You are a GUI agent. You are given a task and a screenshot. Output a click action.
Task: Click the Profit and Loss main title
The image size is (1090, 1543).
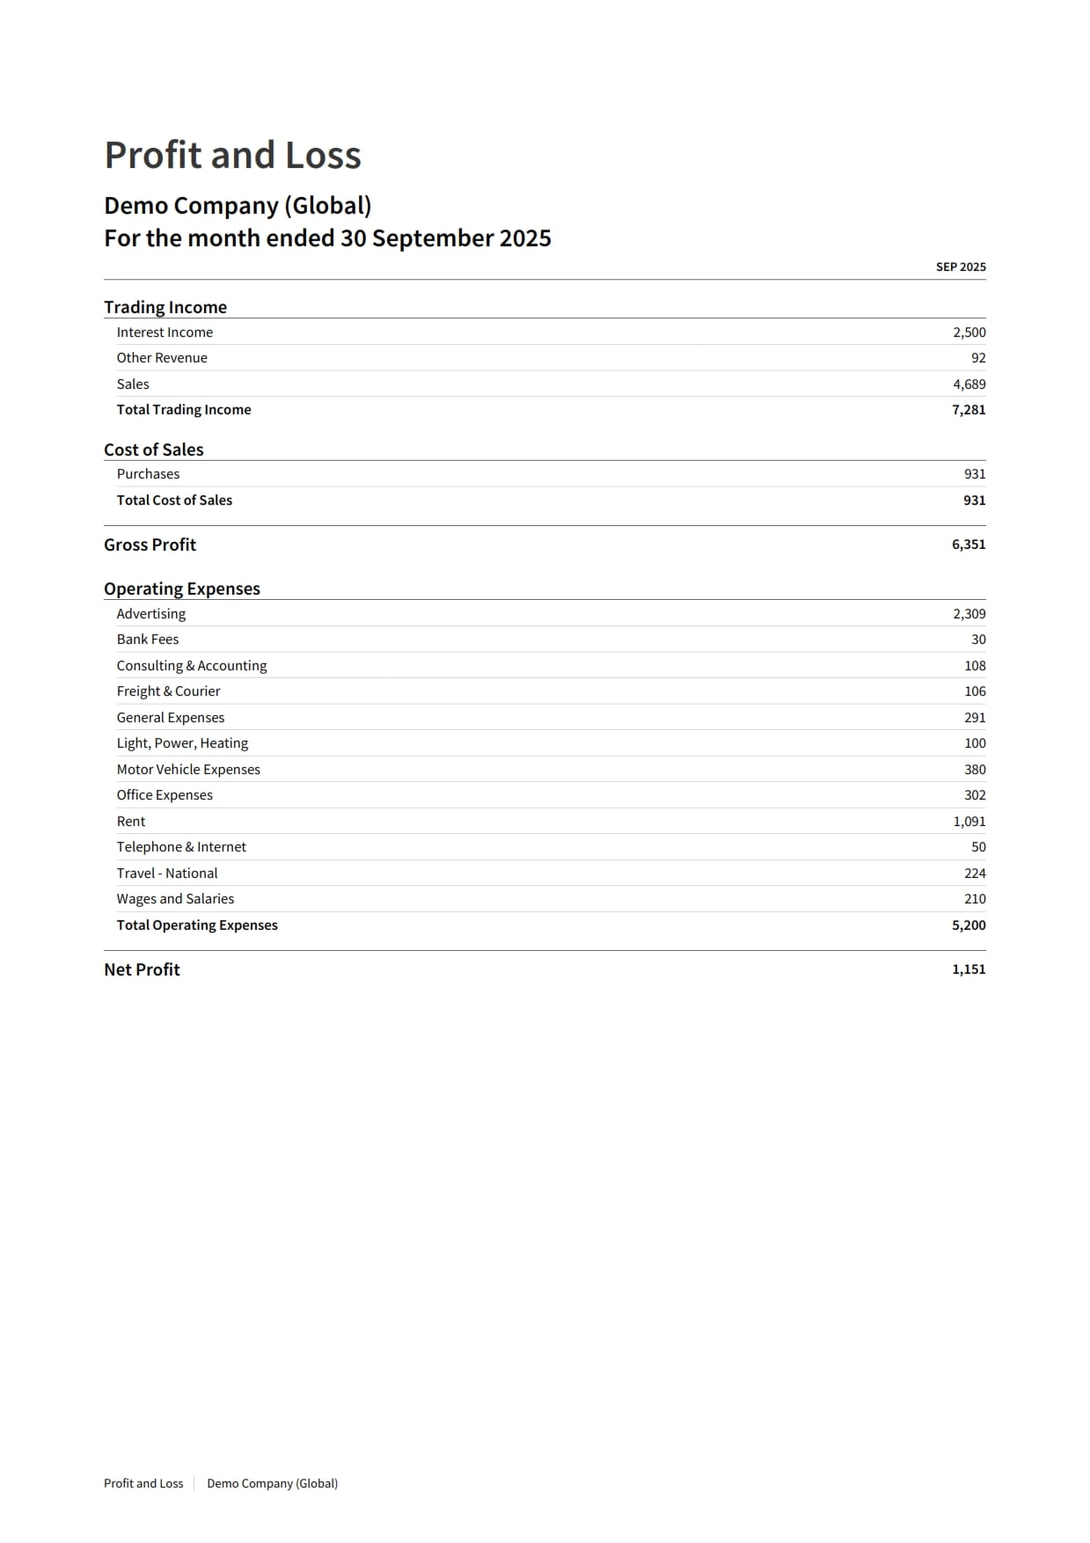pos(232,156)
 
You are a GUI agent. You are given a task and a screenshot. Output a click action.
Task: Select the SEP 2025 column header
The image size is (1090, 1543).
pos(960,267)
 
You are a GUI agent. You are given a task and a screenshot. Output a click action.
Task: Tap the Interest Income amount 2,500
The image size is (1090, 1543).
pos(969,333)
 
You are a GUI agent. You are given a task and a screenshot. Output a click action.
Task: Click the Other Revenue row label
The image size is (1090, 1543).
pos(162,358)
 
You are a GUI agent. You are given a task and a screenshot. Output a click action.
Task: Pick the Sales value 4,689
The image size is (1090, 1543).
pos(969,384)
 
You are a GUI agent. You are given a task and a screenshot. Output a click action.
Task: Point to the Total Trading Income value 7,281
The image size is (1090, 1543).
pos(968,410)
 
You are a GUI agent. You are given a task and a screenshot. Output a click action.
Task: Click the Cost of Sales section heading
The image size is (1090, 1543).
pos(153,450)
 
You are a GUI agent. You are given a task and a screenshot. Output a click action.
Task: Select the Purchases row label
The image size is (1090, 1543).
pos(148,474)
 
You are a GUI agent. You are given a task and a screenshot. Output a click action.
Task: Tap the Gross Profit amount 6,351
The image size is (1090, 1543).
pos(968,545)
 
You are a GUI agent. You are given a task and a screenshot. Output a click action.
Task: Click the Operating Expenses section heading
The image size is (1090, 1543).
pos(182,589)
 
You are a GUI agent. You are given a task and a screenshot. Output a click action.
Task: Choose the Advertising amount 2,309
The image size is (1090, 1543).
pos(969,614)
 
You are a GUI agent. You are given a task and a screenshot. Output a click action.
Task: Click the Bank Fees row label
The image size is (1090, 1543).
pos(148,640)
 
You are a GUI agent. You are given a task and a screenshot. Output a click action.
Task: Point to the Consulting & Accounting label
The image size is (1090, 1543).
pos(192,666)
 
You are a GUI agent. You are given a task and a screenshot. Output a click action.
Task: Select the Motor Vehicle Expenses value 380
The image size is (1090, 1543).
pos(975,770)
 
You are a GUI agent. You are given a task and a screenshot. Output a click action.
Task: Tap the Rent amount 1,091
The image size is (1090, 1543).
pos(969,822)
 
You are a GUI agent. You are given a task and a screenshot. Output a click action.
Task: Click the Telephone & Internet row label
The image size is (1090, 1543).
pos(181,847)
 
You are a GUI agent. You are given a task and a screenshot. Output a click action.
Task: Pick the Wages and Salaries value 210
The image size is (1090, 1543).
pos(975,899)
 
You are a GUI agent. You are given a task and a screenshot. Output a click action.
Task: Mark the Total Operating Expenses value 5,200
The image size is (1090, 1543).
pos(968,925)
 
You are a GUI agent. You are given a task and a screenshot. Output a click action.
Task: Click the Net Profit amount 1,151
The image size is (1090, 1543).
pos(968,969)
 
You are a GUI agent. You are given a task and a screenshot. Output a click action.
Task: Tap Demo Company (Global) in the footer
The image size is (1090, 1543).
pos(272,1483)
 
